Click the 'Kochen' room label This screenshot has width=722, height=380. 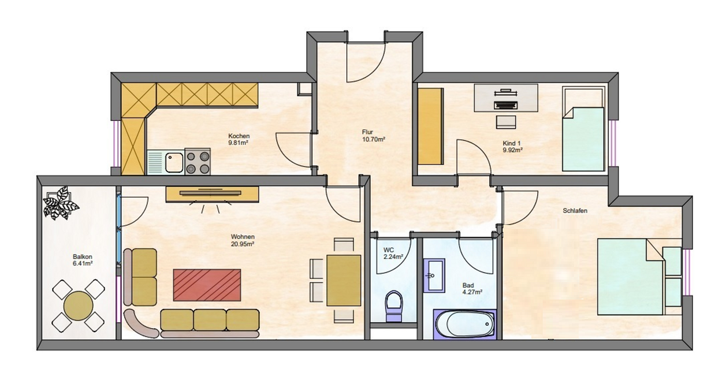coord(239,136)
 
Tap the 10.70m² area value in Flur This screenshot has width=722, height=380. coord(374,139)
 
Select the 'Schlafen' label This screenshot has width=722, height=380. coord(575,211)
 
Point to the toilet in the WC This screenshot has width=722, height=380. coord(393,306)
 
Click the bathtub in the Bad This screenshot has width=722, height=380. coord(465,324)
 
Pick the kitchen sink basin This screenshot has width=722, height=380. coord(174,162)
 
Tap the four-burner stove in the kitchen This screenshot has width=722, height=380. coord(198,162)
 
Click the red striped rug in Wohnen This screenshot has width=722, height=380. coord(207,285)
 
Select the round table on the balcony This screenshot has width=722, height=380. coord(79,306)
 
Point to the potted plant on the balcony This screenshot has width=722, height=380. coord(60,203)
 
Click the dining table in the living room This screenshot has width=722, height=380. coord(344,281)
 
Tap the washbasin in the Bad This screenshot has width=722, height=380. coord(434,275)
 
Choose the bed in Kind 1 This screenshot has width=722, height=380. coord(583,129)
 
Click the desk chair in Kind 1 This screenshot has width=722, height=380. coord(506,122)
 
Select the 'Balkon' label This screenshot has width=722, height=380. coord(83,257)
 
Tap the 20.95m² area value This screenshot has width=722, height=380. coord(243,244)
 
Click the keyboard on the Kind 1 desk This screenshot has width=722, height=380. coord(506,105)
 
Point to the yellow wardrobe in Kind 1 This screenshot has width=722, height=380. coord(430,126)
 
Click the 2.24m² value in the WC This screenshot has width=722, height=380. coord(393,257)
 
